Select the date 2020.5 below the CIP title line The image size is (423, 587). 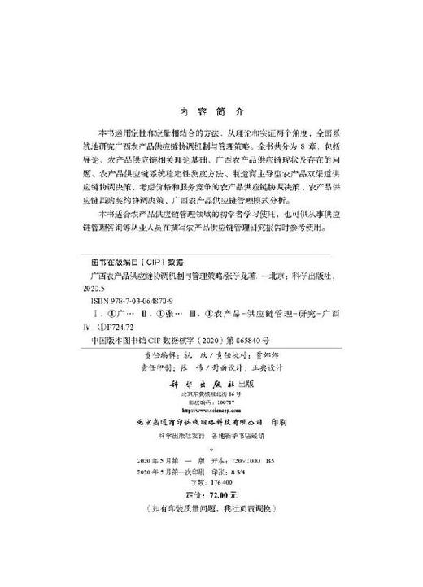click(x=97, y=289)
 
